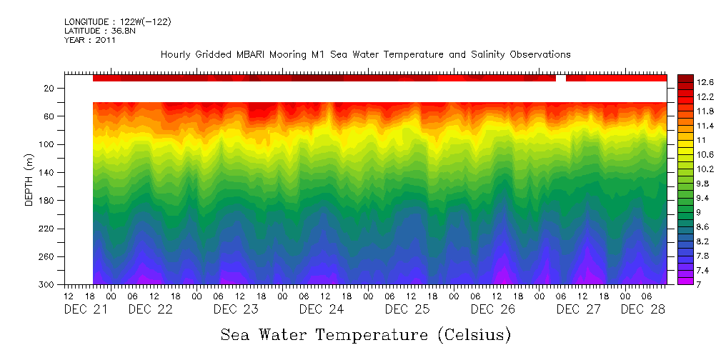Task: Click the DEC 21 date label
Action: click(x=86, y=309)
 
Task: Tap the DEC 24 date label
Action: click(x=322, y=309)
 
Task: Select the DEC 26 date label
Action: click(x=493, y=309)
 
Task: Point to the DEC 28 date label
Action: click(x=642, y=309)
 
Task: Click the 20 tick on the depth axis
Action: click(x=50, y=89)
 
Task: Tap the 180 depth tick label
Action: click(x=48, y=201)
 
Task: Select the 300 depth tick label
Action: click(x=48, y=285)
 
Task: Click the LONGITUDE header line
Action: click(x=117, y=22)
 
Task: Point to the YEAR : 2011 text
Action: click(x=90, y=40)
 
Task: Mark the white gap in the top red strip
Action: click(x=561, y=78)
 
